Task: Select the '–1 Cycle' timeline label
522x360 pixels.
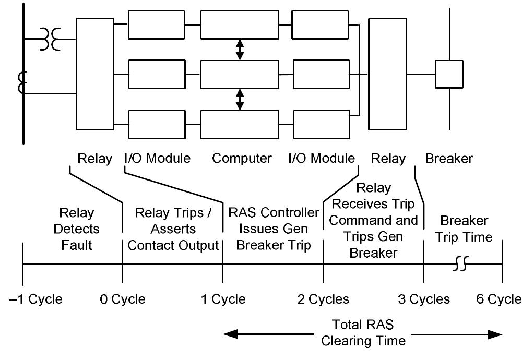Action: (35, 299)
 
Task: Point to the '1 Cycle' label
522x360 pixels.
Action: (223, 299)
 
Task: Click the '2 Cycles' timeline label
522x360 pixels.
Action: (323, 299)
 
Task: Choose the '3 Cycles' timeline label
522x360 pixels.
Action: (424, 299)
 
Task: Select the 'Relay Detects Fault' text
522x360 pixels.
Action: (76, 229)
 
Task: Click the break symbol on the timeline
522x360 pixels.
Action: (459, 265)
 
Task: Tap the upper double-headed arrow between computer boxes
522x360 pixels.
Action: (240, 50)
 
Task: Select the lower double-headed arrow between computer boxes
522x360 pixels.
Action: (240, 99)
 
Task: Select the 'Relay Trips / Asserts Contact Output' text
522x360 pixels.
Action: (173, 229)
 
